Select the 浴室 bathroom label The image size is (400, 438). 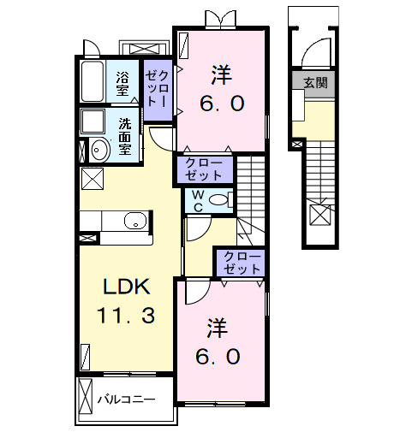pos(124,81)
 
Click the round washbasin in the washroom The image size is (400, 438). pos(99,150)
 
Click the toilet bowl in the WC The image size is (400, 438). pos(219,201)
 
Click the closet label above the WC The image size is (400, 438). pos(205,169)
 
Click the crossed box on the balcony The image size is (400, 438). pos(84,398)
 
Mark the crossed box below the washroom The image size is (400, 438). pos(90,181)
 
